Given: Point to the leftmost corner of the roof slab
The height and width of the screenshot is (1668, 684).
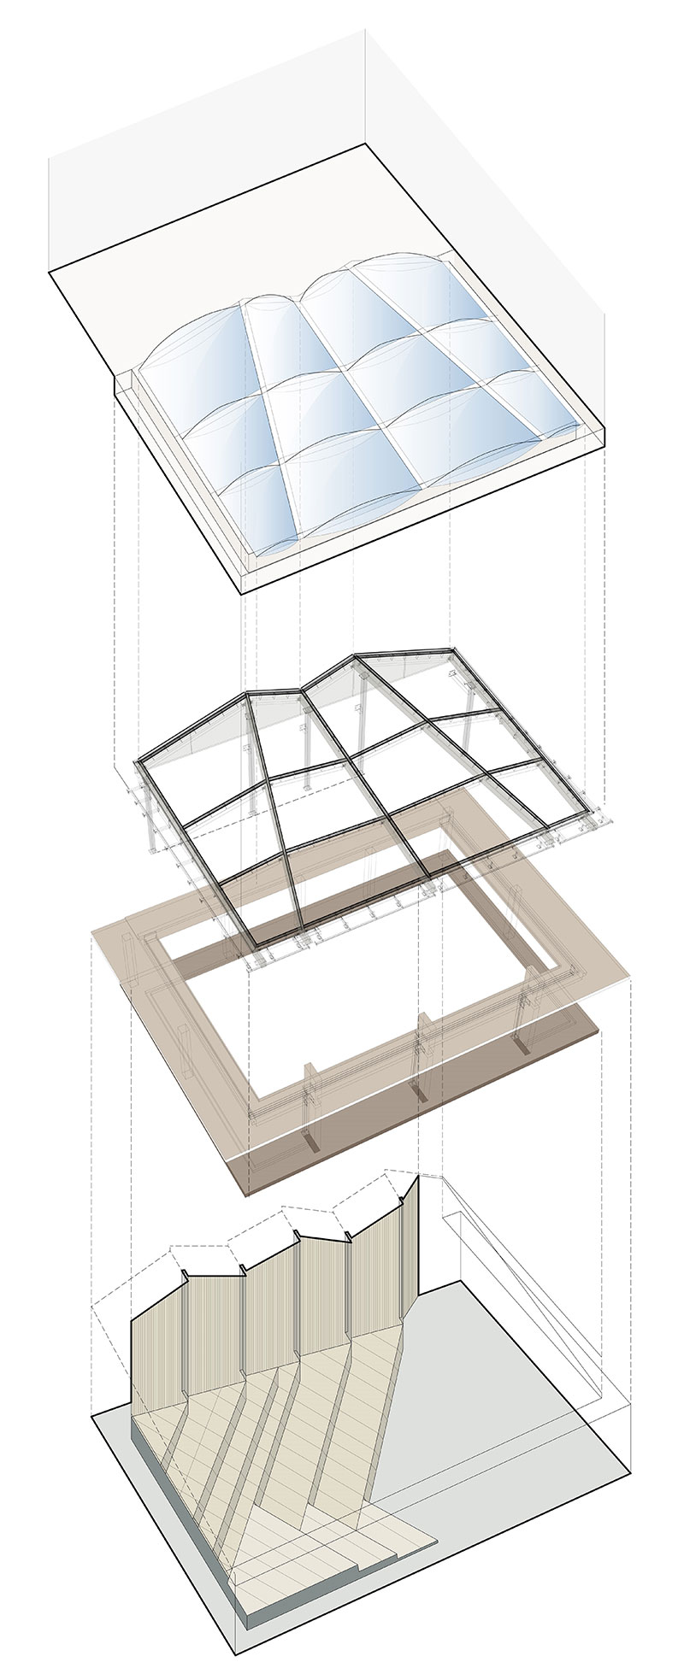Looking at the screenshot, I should coord(50,269).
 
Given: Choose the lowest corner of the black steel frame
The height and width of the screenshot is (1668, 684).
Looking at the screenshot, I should coord(251,946).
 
